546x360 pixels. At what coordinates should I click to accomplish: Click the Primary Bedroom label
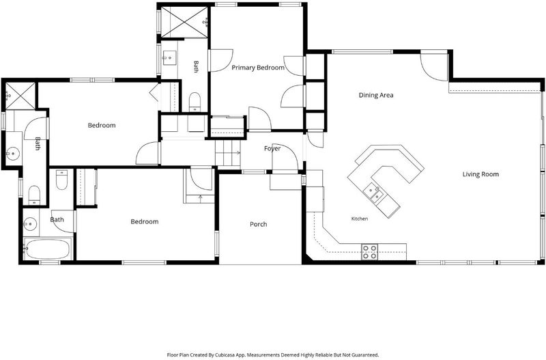258,68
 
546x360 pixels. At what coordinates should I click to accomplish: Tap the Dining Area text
376,95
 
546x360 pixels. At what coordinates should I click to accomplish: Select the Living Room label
480,174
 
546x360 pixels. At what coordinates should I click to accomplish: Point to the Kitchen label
360,219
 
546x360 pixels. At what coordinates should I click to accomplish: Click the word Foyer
272,149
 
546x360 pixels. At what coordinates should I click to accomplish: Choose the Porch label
259,225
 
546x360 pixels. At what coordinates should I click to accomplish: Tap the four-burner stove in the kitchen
369,251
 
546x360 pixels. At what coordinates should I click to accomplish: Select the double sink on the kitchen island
373,193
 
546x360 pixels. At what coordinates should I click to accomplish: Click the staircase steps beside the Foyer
228,153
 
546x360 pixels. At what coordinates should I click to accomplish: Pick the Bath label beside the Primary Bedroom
196,66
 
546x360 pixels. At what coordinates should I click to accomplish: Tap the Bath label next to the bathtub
57,219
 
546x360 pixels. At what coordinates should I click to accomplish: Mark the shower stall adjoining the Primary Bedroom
184,22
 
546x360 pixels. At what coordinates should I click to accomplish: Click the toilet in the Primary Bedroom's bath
195,102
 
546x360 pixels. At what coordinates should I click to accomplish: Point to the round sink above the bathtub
29,224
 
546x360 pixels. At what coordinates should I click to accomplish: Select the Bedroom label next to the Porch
145,221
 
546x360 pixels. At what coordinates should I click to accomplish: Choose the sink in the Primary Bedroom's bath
169,58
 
